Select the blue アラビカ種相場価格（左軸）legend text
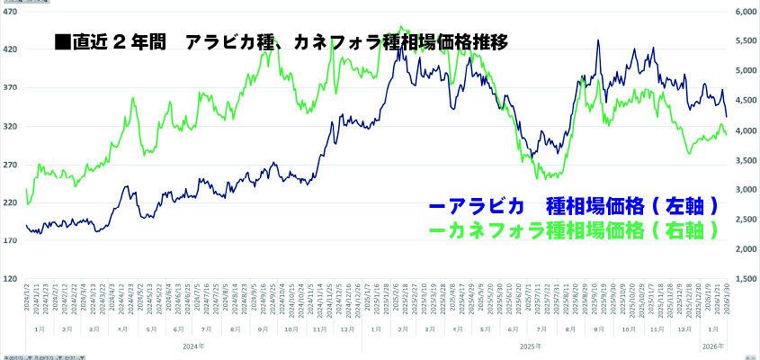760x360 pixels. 574,207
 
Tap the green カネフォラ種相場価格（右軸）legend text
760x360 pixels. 574,230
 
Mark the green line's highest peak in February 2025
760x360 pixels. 401,27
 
